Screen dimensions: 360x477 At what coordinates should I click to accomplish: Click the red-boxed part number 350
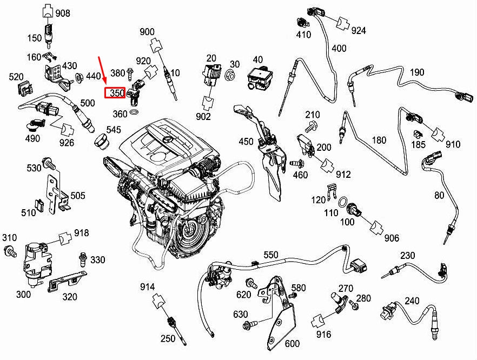point(115,93)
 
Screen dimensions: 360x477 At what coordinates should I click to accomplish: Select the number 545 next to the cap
point(113,130)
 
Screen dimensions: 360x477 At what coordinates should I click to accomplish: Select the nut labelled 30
point(230,76)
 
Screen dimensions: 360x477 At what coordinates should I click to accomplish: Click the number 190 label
point(416,72)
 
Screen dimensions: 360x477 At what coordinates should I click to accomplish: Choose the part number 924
point(359,31)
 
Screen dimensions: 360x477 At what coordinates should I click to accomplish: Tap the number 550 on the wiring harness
point(270,255)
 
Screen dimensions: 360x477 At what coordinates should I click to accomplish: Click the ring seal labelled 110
point(342,203)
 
